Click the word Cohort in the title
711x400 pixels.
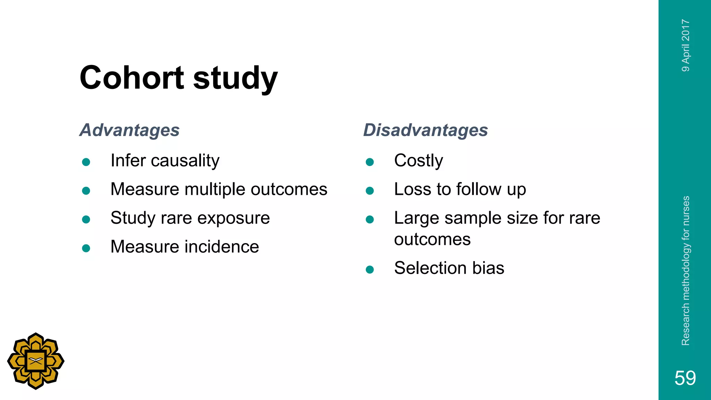[131, 78]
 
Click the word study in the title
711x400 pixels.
[235, 78]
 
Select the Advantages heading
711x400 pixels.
[129, 130]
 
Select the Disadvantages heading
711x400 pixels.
[425, 130]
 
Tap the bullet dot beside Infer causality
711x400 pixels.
[86, 162]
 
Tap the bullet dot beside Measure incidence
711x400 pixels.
[86, 248]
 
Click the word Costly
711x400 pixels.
[418, 161]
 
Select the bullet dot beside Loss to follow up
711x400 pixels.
[370, 191]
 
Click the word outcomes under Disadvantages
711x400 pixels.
[432, 240]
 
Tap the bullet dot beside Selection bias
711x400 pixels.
[370, 269]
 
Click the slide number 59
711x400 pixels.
[685, 378]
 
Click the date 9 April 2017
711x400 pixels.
[686, 45]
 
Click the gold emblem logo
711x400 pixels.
[36, 361]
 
